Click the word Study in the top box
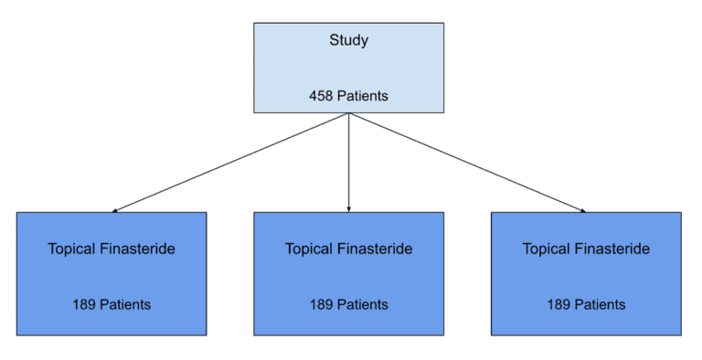(348, 41)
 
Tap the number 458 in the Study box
(322, 96)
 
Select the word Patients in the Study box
(363, 96)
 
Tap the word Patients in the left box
(125, 304)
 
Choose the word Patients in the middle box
(363, 304)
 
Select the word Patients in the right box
(601, 304)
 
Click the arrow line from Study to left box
(229, 163)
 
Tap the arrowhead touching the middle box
(348, 209)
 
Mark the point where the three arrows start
(348, 113)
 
